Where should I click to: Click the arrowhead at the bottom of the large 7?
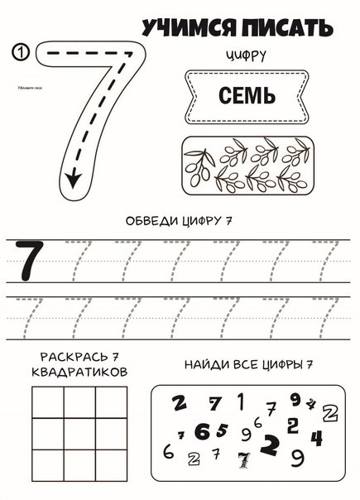point(74,175)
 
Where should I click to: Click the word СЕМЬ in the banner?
point(247,96)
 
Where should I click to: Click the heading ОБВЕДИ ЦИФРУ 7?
point(179,221)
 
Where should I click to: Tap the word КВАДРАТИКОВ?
point(79,373)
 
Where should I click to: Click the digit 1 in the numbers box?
point(240,401)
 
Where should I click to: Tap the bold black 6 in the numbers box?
point(202,431)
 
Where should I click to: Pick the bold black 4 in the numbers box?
point(317,437)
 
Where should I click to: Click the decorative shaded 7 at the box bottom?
point(243,460)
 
